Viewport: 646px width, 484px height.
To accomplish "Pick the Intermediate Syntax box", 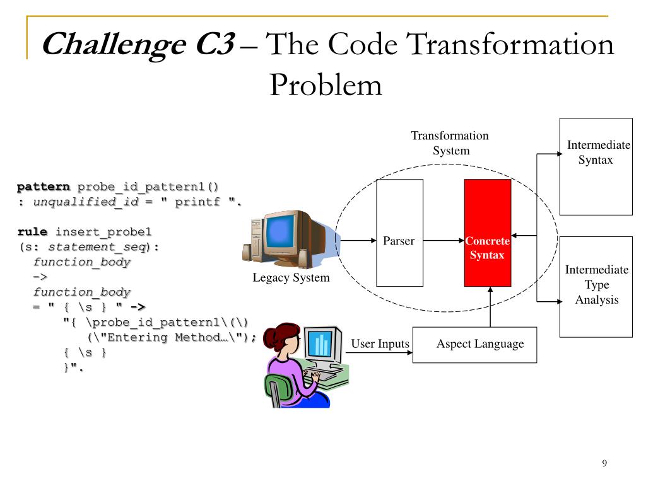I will click(596, 166).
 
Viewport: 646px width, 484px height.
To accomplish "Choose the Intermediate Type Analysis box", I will click(596, 286).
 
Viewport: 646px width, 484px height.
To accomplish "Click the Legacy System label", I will click(291, 278).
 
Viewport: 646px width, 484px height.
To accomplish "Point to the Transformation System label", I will click(450, 143).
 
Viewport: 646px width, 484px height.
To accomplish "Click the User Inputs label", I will click(380, 344).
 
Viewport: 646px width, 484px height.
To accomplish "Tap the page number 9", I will click(604, 464).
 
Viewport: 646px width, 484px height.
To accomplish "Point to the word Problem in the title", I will click(326, 84).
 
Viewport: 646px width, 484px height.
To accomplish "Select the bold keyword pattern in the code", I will click(44, 187).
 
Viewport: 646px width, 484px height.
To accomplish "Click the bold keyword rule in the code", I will click(32, 232).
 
